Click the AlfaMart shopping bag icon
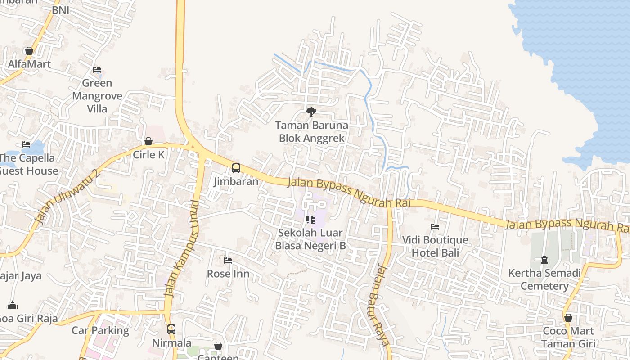click(29, 51)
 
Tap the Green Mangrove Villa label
click(97, 96)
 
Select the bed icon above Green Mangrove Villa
click(97, 70)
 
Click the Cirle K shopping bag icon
click(148, 142)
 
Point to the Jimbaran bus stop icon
click(236, 168)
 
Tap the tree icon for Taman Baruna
click(311, 112)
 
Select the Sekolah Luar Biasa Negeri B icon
click(310, 220)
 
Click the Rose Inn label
click(228, 274)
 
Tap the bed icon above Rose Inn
click(228, 261)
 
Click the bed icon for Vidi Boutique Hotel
click(435, 227)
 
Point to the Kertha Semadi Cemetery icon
click(544, 260)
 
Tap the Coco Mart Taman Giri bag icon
click(568, 318)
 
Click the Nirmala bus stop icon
click(171, 329)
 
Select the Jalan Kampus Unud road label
click(181, 248)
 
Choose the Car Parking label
click(100, 330)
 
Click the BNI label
click(61, 10)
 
